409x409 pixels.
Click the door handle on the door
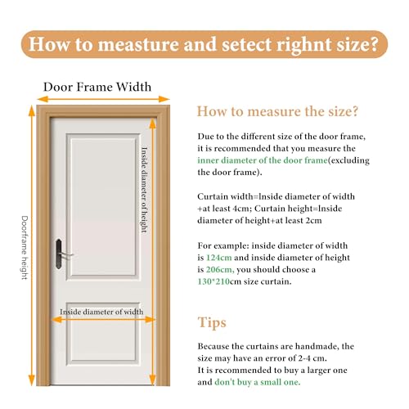click(x=59, y=254)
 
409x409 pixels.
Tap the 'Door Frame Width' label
click(x=97, y=87)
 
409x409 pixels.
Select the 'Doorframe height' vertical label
click(x=25, y=248)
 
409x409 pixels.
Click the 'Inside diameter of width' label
click(x=101, y=312)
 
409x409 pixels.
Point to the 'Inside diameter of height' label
click(x=144, y=190)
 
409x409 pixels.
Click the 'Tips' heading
click(x=212, y=323)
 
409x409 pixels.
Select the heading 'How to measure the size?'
click(x=277, y=111)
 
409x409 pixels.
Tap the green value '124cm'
click(x=219, y=258)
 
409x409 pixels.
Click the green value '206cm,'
click(x=220, y=269)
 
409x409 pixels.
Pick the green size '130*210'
click(x=213, y=281)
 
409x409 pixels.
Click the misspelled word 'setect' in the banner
click(x=246, y=44)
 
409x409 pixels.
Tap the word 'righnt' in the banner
click(x=304, y=45)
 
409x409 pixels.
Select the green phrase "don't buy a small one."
click(x=258, y=382)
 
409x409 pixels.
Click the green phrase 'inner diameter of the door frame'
click(x=263, y=160)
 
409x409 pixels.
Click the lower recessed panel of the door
click(x=103, y=333)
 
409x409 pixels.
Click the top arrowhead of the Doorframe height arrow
click(x=32, y=110)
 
